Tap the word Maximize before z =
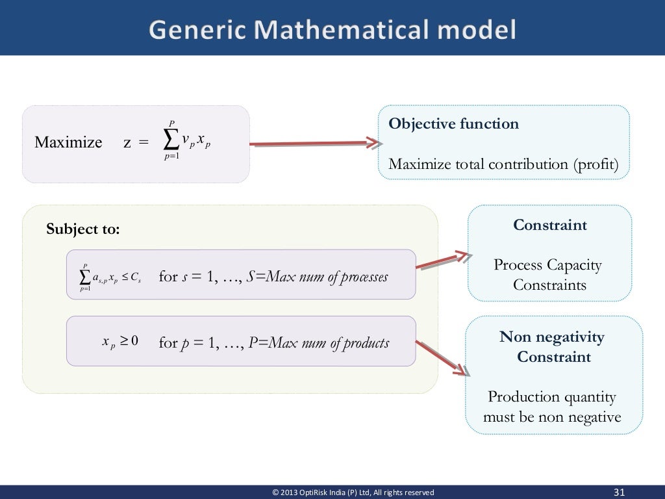(x=68, y=142)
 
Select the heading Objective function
(x=453, y=124)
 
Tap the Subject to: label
(x=83, y=229)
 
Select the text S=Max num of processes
(x=318, y=277)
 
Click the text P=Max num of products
(x=319, y=342)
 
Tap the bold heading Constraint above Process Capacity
(x=549, y=225)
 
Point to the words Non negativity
(x=551, y=337)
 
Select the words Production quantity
(x=551, y=396)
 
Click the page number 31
(x=619, y=492)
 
